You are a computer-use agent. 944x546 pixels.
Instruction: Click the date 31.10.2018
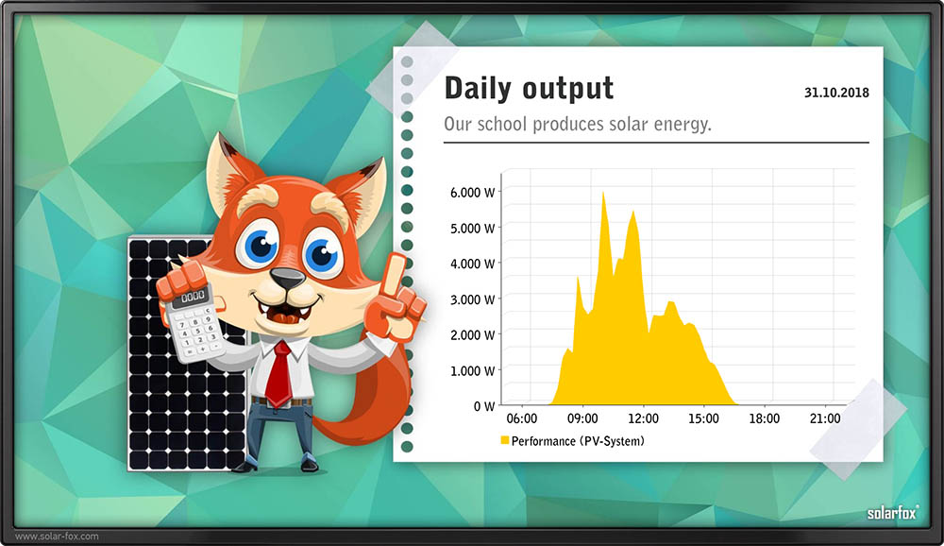tap(836, 93)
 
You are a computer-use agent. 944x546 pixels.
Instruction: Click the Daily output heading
tap(529, 88)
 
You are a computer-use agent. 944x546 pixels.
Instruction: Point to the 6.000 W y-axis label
tap(473, 193)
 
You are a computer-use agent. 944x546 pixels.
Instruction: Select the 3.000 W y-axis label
tap(473, 299)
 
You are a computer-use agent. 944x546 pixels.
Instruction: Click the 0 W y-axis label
tap(484, 406)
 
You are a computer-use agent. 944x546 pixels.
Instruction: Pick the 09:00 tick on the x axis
tap(582, 418)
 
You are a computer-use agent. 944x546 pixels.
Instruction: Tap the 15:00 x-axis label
tap(703, 418)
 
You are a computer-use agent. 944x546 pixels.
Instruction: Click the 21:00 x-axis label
tap(825, 418)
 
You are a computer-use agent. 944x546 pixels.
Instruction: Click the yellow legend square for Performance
tap(504, 440)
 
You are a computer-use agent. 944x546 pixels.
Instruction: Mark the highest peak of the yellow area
tap(603, 193)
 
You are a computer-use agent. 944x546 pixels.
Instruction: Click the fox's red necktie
tap(279, 374)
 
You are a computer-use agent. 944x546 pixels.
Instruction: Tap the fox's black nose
tap(288, 278)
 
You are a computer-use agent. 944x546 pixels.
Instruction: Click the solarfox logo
tap(893, 513)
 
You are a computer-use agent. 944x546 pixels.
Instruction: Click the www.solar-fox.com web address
tap(57, 536)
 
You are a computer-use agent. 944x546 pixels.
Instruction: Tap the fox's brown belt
tap(281, 401)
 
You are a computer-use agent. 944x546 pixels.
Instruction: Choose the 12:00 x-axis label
tap(643, 418)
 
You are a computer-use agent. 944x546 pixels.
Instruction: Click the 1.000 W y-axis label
tap(473, 370)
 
